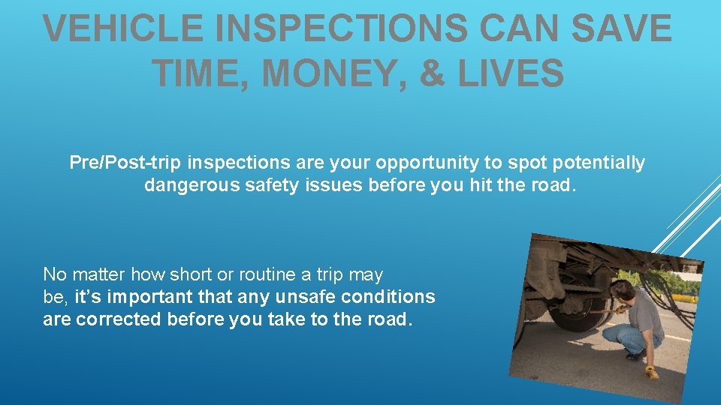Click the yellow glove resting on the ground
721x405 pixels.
point(651,370)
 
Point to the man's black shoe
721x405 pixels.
point(634,356)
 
